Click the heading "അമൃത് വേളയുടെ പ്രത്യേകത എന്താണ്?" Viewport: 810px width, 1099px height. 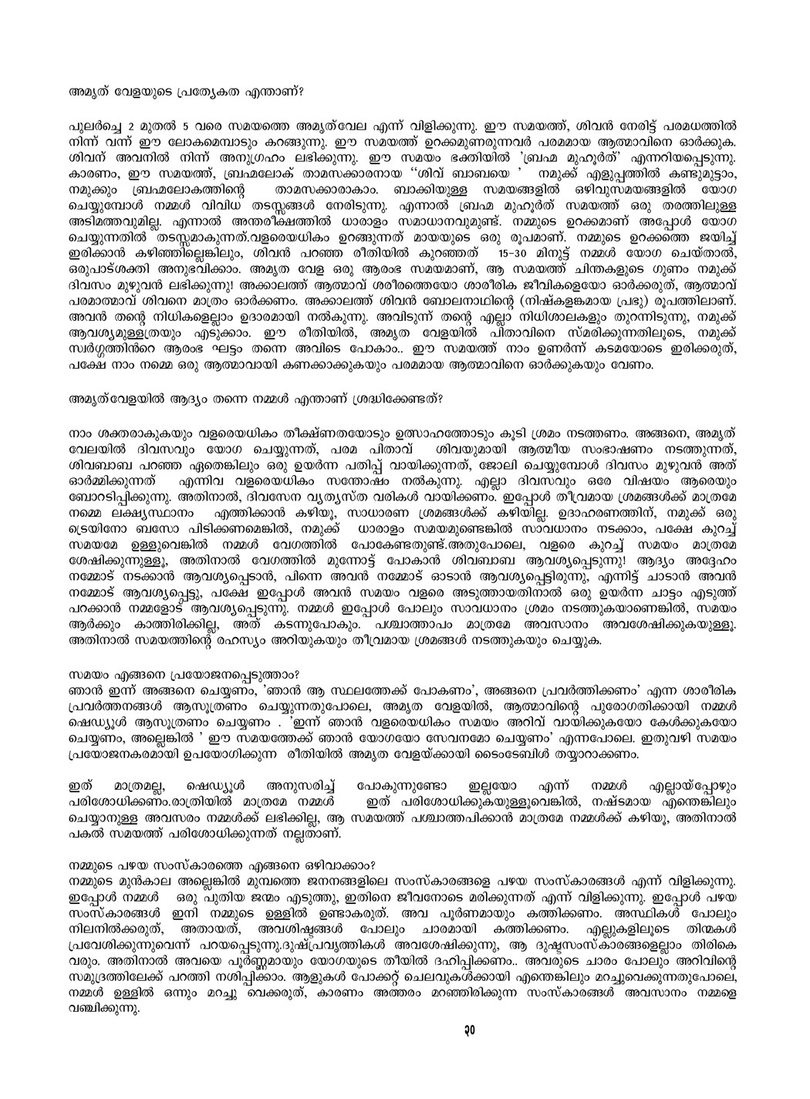click(x=186, y=90)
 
